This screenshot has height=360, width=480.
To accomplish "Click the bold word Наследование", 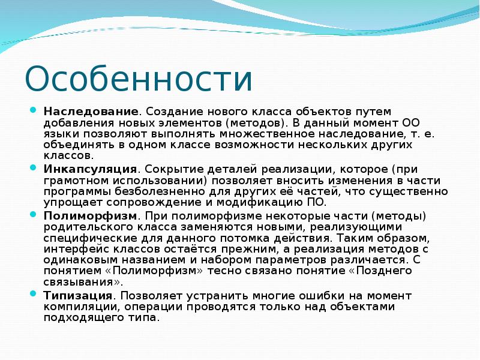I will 91,112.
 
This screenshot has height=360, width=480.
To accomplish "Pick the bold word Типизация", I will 78,295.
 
